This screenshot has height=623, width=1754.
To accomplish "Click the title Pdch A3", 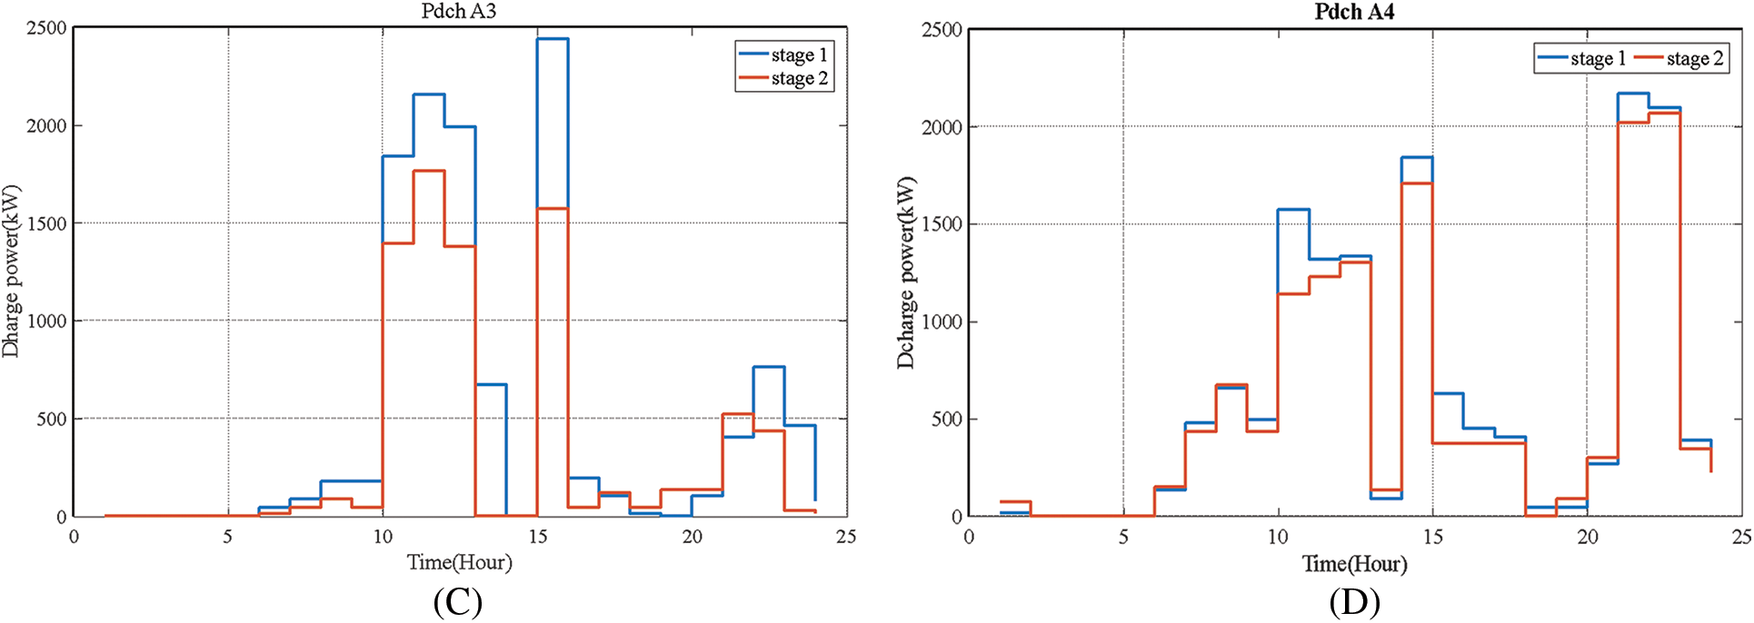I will (458, 12).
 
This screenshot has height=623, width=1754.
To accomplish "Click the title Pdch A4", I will (1354, 12).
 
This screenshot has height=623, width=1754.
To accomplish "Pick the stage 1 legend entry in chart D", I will (1582, 59).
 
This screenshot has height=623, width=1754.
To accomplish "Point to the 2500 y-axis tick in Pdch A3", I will (46, 28).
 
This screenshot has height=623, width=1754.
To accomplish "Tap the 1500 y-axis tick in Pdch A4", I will (942, 224).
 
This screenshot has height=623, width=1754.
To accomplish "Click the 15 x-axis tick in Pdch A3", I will (538, 537).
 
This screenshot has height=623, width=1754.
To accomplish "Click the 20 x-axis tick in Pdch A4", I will (1588, 537).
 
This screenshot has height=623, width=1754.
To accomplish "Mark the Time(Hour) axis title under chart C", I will (460, 563).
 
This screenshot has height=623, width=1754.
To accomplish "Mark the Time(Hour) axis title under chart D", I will (1355, 564).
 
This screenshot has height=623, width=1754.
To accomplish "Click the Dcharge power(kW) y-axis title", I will (906, 272).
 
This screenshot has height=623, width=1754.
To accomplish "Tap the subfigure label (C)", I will (457, 602).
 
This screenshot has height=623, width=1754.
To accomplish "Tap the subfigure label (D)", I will (1354, 602).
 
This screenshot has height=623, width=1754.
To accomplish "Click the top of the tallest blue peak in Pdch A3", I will (553, 39).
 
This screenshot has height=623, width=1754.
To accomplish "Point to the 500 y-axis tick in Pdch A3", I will (52, 419).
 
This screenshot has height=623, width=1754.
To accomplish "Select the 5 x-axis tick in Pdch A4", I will (1123, 537).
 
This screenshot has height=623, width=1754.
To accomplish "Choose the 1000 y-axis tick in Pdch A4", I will (942, 321).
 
